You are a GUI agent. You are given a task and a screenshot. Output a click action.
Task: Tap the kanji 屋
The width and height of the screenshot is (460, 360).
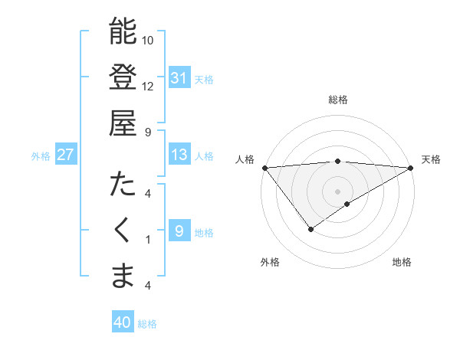point(123,122)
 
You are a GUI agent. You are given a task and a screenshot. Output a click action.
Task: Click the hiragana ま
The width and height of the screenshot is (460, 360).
point(123,275)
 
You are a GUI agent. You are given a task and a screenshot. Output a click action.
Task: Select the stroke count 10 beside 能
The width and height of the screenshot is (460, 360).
point(148,40)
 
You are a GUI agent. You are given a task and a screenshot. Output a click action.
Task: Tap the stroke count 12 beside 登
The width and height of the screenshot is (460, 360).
point(148,86)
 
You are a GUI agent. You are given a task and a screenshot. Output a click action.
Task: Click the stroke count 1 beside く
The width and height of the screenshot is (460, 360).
point(148,239)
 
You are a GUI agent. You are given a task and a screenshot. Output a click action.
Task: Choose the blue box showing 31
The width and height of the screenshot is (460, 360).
point(179,77)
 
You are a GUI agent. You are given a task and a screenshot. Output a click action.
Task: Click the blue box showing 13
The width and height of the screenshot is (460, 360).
point(179,155)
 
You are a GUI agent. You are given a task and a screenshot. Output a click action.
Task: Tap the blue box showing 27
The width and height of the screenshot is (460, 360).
point(66,155)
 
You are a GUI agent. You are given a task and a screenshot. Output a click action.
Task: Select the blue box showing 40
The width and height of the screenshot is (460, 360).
point(123,322)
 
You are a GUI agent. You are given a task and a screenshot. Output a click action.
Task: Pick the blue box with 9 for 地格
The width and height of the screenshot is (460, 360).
point(179,231)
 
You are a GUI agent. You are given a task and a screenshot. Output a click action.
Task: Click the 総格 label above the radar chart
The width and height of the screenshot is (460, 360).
point(338,100)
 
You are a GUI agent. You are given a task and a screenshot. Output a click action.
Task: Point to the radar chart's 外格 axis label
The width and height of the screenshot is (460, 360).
point(269,263)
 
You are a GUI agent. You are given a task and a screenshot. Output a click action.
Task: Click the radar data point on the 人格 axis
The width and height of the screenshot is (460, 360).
point(264,168)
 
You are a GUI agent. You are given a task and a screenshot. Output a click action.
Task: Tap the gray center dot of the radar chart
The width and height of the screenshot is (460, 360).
point(337,191)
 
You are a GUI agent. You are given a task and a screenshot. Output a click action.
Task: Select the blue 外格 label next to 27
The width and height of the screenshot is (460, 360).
point(41,155)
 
